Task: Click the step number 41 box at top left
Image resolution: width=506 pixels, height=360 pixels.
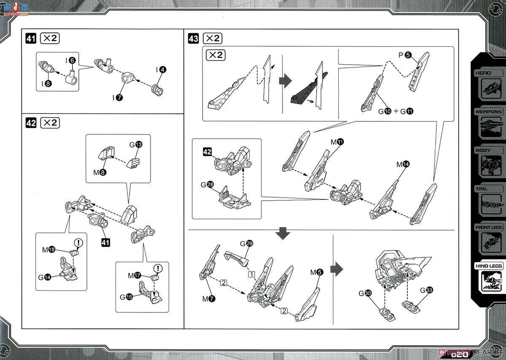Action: (x=31, y=39)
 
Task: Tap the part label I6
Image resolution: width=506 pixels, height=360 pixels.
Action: (x=70, y=61)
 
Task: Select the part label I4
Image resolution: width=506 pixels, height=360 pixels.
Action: (x=161, y=70)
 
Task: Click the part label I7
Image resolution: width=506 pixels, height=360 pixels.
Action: (x=118, y=97)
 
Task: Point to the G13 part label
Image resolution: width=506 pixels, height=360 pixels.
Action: (x=136, y=145)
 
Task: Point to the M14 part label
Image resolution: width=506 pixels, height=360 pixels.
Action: (x=402, y=164)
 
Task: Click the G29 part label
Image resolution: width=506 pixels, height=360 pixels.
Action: (x=246, y=243)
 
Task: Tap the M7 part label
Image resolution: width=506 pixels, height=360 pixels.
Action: (x=208, y=299)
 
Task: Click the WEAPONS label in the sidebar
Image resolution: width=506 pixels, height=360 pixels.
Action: (x=489, y=112)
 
